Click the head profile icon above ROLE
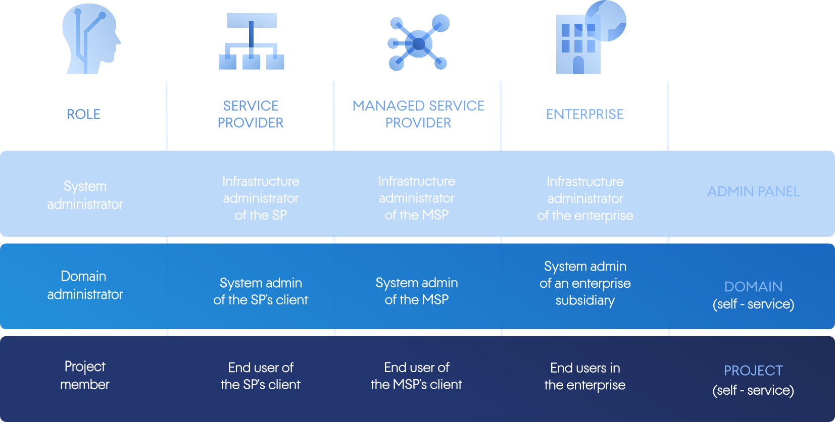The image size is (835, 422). pyautogui.click(x=90, y=39)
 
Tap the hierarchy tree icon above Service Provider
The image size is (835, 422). pyautogui.click(x=251, y=41)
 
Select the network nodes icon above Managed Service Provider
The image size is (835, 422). pyautogui.click(x=418, y=43)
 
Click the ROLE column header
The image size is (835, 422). pyautogui.click(x=84, y=115)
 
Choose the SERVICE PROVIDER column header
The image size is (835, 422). pyautogui.click(x=251, y=114)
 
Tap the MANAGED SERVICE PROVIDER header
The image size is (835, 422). pyautogui.click(x=418, y=114)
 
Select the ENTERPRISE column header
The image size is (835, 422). pyautogui.click(x=585, y=115)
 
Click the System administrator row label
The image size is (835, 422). pyautogui.click(x=85, y=195)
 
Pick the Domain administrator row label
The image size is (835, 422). pyautogui.click(x=85, y=285)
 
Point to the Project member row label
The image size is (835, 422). pyautogui.click(x=85, y=375)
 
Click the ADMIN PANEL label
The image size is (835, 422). pyautogui.click(x=753, y=192)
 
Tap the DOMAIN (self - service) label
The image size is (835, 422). pyautogui.click(x=753, y=295)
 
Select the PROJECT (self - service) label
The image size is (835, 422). pyautogui.click(x=753, y=380)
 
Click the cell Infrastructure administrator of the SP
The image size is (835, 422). pyautogui.click(x=261, y=198)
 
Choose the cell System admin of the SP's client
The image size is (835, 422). pyautogui.click(x=261, y=291)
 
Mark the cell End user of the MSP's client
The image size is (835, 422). pyautogui.click(x=416, y=376)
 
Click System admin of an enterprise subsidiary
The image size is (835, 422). pyautogui.click(x=585, y=283)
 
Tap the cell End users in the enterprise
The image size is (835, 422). pyautogui.click(x=585, y=377)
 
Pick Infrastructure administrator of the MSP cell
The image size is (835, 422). pyautogui.click(x=417, y=198)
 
